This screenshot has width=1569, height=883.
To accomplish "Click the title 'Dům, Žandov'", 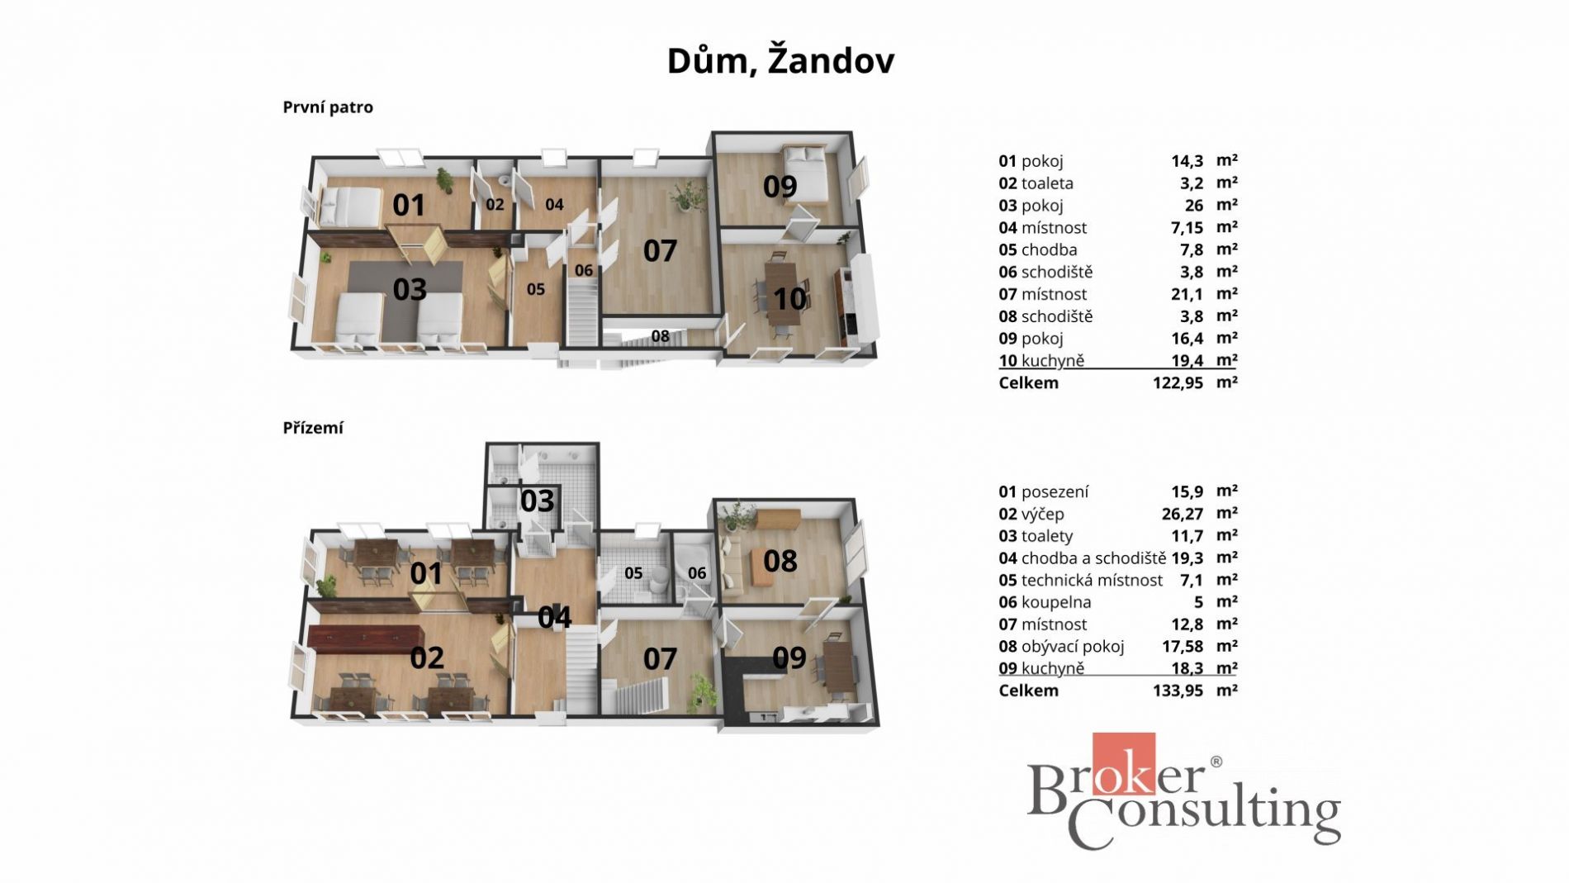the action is [780, 61].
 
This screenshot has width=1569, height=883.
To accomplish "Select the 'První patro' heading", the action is [328, 107].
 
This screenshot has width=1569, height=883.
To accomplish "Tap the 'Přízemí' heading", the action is [313, 428].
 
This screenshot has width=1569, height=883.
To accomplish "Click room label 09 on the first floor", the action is [780, 187].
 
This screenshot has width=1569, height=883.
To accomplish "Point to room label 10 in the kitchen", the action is [789, 298].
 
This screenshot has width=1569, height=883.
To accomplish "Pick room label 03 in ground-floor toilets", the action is [537, 501].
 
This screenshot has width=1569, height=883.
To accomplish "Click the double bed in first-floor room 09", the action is [804, 173].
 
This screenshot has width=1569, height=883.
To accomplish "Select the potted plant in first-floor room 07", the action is [687, 197].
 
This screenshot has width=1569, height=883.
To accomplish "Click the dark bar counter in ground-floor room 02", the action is [366, 638].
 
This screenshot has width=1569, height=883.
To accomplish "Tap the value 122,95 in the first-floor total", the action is [1178, 383].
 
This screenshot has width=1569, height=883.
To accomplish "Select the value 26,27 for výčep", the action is [1183, 515].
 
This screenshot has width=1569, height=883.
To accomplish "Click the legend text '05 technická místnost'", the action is [1080, 581].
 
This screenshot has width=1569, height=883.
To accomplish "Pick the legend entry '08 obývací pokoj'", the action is [1061, 647].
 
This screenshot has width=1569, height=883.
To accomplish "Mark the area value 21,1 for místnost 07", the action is [1187, 295].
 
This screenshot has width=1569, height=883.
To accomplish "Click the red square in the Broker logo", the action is [1123, 764].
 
